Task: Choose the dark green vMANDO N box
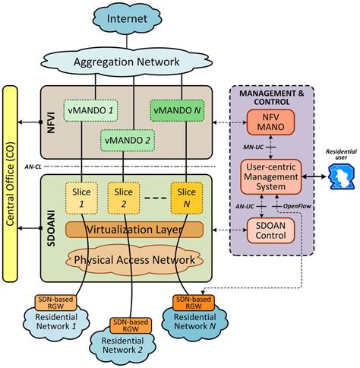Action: click(176, 111)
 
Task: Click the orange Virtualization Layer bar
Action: click(134, 229)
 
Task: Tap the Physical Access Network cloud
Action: click(134, 259)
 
